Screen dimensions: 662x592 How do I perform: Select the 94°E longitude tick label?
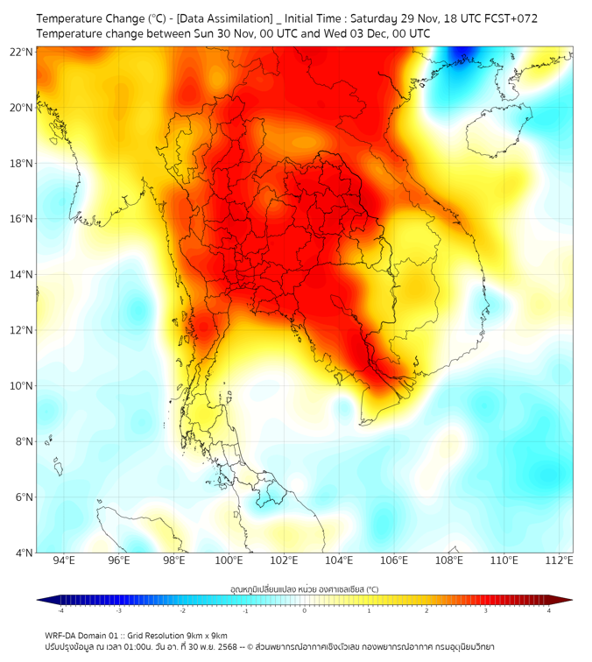tap(64, 560)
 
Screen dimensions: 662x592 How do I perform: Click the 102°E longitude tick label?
tap(284, 560)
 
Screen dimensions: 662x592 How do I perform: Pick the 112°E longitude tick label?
tap(559, 560)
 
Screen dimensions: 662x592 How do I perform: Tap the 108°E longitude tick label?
tap(449, 560)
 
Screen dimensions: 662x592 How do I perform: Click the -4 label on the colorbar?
tap(60, 610)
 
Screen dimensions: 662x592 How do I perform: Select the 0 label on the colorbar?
tap(305, 610)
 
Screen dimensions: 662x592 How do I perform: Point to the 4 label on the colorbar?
tap(549, 610)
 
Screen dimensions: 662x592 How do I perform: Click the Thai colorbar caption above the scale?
tap(304, 589)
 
